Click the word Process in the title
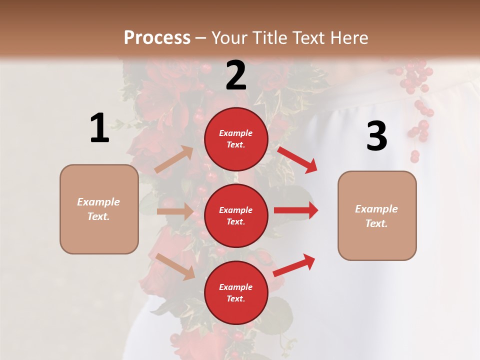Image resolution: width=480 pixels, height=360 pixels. tap(157, 38)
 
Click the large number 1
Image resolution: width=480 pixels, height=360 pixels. tap(99, 128)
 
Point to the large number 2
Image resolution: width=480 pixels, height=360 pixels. tap(236, 75)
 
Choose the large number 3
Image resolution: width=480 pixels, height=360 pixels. tap(376, 136)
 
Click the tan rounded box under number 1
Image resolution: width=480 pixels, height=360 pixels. tap(99, 209)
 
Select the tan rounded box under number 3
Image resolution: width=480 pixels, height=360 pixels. tap(377, 215)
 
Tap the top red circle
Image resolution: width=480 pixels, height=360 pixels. tap(236, 138)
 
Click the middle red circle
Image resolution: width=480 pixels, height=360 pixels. tap(236, 215)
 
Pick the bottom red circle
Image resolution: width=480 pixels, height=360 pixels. tap(236, 292)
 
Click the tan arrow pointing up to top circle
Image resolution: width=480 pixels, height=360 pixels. tap(174, 159)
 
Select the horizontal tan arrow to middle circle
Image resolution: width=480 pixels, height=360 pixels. tap(175, 211)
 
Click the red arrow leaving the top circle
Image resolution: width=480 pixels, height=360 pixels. tap(297, 159)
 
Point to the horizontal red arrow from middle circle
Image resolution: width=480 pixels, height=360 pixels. tap(296, 210)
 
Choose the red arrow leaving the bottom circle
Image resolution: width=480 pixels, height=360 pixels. tap(294, 265)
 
